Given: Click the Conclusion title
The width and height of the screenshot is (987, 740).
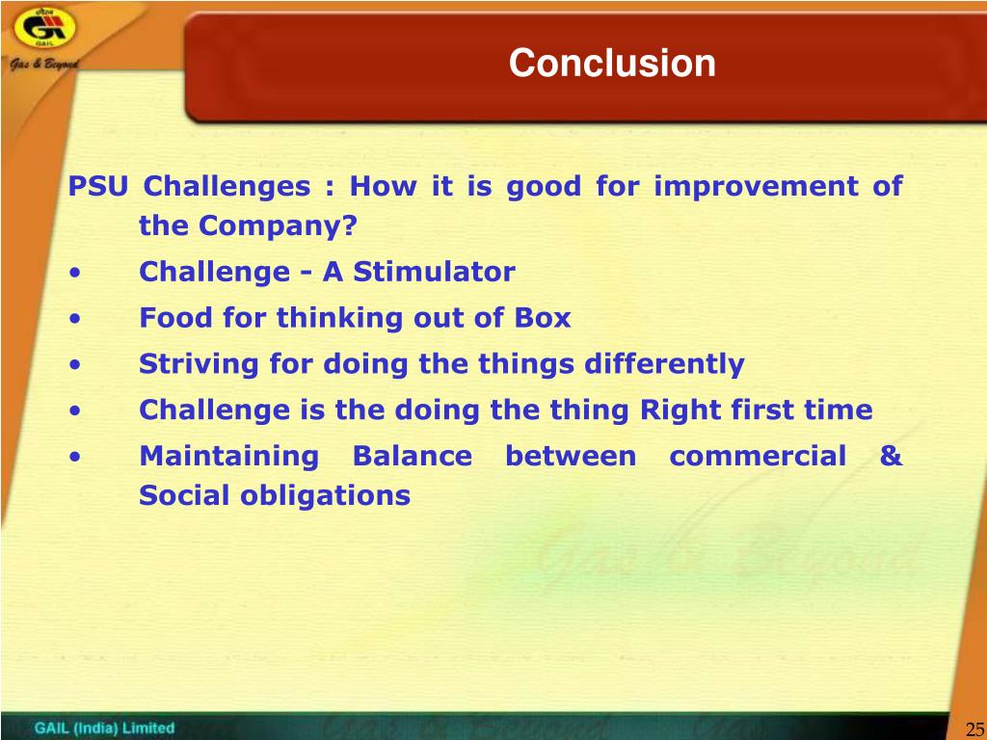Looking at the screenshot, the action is pyautogui.click(x=612, y=63).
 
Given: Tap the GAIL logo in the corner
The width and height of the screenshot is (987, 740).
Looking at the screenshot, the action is pyautogui.click(x=44, y=29).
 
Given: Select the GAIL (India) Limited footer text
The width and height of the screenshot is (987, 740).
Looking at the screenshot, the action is pyautogui.click(x=104, y=728).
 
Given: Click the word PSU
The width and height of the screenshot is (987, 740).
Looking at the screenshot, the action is pyautogui.click(x=98, y=186).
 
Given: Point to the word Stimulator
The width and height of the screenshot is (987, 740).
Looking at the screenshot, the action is pyautogui.click(x=435, y=272).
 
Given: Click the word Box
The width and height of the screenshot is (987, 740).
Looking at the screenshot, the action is pyautogui.click(x=543, y=318).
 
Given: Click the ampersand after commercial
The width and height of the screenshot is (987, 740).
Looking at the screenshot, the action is pyautogui.click(x=892, y=456).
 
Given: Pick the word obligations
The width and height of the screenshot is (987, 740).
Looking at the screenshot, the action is pyautogui.click(x=326, y=496).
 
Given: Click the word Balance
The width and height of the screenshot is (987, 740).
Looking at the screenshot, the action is pyautogui.click(x=413, y=456).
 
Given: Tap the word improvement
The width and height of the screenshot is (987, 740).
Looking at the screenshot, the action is pyautogui.click(x=756, y=187).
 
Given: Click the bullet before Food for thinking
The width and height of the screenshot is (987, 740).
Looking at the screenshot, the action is pyautogui.click(x=75, y=318).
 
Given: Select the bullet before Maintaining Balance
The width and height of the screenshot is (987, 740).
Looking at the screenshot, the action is pyautogui.click(x=75, y=457).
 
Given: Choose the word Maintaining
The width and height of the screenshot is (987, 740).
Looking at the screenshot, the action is pyautogui.click(x=229, y=457).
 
